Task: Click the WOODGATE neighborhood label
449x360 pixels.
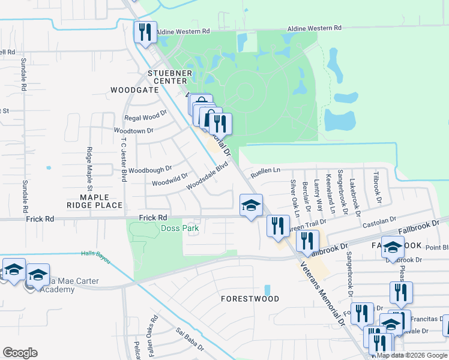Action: (x=134, y=90)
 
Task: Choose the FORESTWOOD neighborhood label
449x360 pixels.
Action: (x=250, y=298)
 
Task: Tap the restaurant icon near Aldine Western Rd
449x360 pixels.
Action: (x=144, y=32)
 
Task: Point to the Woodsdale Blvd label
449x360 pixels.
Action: (x=208, y=178)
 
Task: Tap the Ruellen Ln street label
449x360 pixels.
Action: (x=265, y=170)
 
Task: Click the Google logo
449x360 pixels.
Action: (x=20, y=353)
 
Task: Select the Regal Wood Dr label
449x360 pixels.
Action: (x=145, y=117)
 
